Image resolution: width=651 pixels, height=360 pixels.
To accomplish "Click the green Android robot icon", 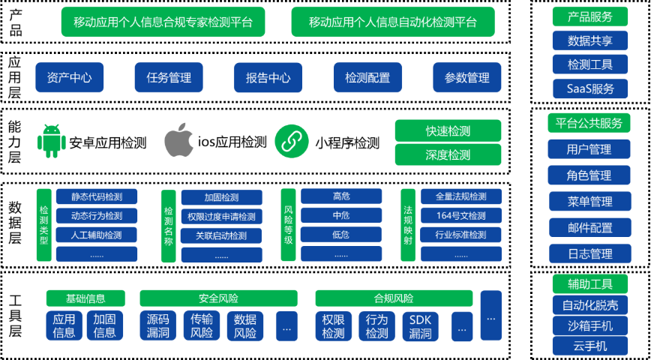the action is pyautogui.click(x=52, y=141).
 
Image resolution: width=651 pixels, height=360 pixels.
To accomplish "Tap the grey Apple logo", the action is pyautogui.click(x=179, y=139).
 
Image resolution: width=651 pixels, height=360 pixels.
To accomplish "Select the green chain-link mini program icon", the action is pyautogui.click(x=292, y=141).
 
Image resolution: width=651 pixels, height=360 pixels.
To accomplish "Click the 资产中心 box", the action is pyautogui.click(x=69, y=77).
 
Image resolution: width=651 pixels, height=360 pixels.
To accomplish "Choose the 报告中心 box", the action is pyautogui.click(x=268, y=77).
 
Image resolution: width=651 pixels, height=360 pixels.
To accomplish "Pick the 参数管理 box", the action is pyautogui.click(x=467, y=77).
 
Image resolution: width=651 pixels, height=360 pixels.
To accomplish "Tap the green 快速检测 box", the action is pyautogui.click(x=448, y=130).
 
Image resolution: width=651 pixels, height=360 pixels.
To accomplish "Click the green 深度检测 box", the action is pyautogui.click(x=448, y=154).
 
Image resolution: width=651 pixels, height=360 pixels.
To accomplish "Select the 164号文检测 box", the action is pyautogui.click(x=460, y=215).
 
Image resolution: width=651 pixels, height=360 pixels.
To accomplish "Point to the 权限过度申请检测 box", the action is pyautogui.click(x=222, y=216).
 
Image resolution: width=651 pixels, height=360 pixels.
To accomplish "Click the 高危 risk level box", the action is pyautogui.click(x=341, y=196).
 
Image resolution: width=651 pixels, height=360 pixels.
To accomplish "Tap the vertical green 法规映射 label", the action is pyautogui.click(x=408, y=225).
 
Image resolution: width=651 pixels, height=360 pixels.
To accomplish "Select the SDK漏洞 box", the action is pyautogui.click(x=421, y=326).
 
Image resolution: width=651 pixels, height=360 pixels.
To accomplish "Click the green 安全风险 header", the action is pyautogui.click(x=218, y=298).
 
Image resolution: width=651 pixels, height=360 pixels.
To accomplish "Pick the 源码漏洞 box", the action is pyautogui.click(x=157, y=326).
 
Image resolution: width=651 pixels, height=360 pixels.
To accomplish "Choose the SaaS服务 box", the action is pyautogui.click(x=590, y=88).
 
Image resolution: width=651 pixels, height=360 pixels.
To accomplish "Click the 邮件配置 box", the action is pyautogui.click(x=590, y=227).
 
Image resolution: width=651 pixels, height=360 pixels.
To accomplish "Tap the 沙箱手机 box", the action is pyautogui.click(x=590, y=325).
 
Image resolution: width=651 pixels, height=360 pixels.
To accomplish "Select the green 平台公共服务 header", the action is pyautogui.click(x=589, y=123).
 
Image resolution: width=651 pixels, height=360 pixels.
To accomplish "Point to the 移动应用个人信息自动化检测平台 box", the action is pyautogui.click(x=393, y=22).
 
